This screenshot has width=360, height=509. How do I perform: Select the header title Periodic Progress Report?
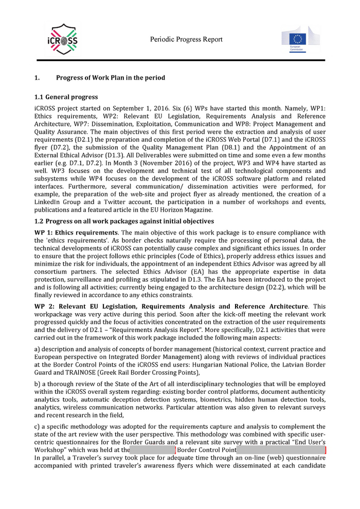tap(187, 40)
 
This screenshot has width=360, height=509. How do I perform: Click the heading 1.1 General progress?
tap(66, 97)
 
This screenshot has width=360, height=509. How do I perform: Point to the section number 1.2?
tap(39, 221)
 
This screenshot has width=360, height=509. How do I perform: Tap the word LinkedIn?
tap(49, 202)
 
